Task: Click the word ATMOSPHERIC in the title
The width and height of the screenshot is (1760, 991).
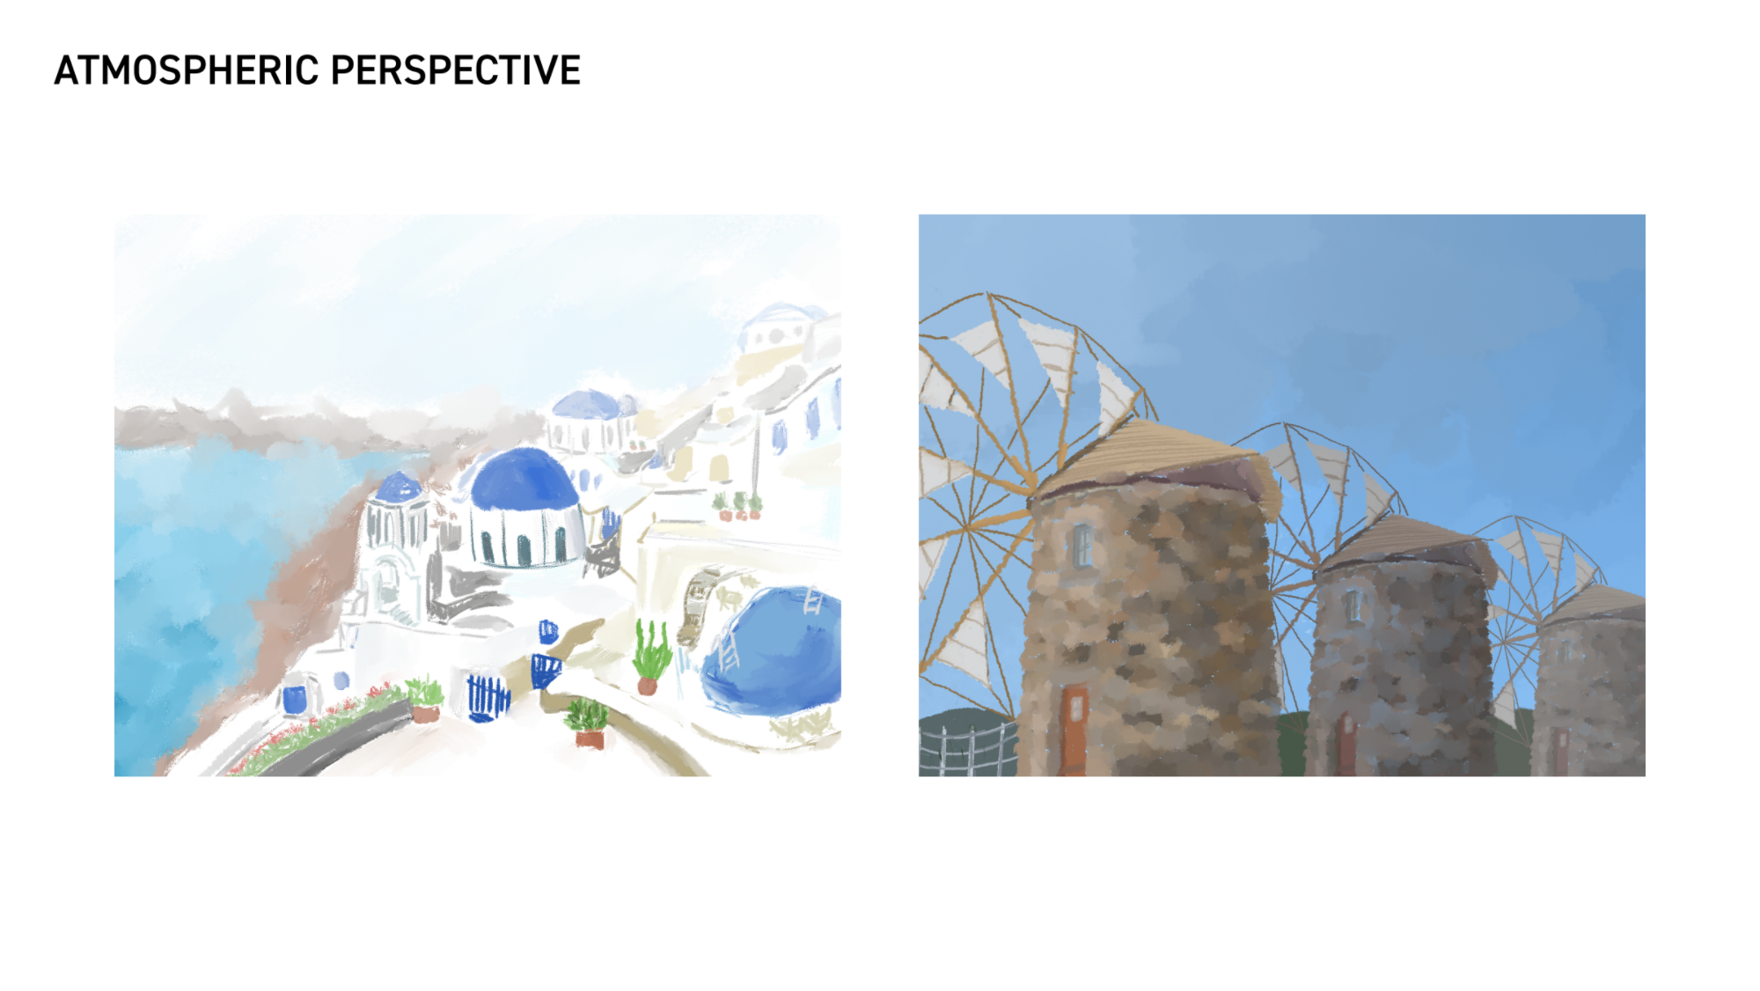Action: tap(186, 70)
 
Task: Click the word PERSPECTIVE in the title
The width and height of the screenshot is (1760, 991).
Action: tap(456, 70)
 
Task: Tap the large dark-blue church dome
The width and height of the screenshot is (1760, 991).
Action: tap(524, 480)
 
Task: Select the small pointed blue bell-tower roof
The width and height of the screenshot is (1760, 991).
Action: tap(399, 487)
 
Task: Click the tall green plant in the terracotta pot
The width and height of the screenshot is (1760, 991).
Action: tap(651, 656)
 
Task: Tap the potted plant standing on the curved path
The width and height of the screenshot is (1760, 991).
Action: tap(587, 723)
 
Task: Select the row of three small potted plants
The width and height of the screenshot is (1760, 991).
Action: tap(737, 506)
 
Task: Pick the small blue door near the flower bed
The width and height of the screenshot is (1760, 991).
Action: tap(295, 700)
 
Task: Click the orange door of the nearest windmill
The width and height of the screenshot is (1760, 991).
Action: tap(1074, 730)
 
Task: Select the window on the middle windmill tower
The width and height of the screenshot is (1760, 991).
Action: tap(1353, 606)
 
